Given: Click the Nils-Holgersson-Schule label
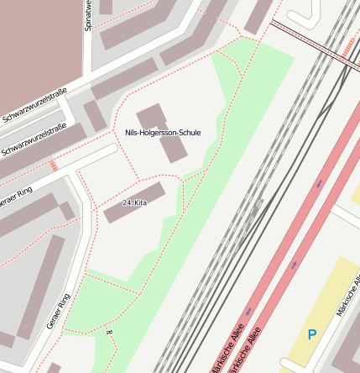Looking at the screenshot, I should [163, 133].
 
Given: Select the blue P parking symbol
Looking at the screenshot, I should [312, 334].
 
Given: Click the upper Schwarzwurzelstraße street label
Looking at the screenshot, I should [34, 108].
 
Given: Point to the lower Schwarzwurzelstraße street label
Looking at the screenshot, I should [34, 140].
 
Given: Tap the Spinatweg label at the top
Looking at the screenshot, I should [88, 15].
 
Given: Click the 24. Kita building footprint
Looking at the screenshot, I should [134, 202].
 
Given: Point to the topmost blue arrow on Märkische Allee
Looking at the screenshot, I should [320, 182].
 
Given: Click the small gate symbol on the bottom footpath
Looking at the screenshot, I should [109, 333].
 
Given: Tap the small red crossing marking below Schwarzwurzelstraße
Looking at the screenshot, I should [55, 165].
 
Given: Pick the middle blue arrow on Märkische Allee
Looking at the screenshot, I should [295, 265].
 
